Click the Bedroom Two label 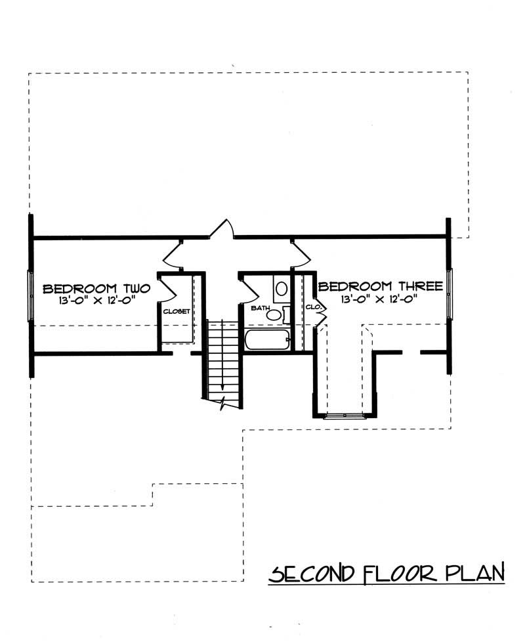click(x=96, y=288)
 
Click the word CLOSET click(x=177, y=311)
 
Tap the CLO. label click(x=311, y=307)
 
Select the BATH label click(x=259, y=307)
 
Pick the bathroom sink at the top click(x=281, y=288)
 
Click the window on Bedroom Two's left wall click(x=30, y=297)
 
